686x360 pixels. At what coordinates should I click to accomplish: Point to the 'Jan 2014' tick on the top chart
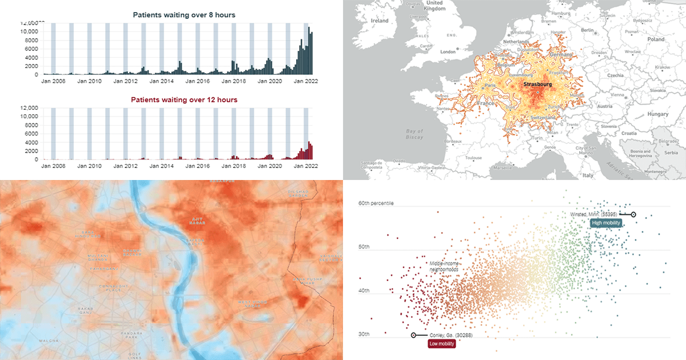[161, 81]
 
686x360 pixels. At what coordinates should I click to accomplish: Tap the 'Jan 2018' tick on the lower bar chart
[233, 166]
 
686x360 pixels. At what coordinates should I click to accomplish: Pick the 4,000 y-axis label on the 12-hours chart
[29, 142]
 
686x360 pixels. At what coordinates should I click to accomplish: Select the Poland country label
[656, 39]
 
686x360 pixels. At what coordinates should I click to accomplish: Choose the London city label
[448, 51]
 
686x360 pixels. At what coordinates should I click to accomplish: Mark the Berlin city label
[587, 30]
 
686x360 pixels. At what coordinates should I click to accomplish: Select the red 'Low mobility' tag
[441, 343]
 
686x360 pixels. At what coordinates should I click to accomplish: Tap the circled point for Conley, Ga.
[413, 335]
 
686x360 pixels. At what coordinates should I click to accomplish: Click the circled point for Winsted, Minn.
[633, 214]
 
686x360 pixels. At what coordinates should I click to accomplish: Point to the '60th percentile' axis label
[376, 203]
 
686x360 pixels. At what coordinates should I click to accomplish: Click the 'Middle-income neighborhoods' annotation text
[444, 266]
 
